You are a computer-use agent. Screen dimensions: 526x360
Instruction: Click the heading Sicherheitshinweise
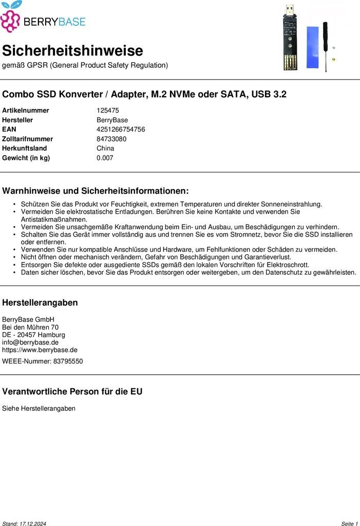[x=72, y=51]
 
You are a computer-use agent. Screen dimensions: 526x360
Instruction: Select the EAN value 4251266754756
[x=121, y=129]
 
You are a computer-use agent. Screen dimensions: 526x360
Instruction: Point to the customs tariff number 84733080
[x=111, y=139]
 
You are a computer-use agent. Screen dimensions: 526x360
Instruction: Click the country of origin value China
[x=105, y=148]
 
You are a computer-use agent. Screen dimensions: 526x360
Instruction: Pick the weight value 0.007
[x=105, y=158]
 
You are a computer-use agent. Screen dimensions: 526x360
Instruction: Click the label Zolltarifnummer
[x=27, y=139]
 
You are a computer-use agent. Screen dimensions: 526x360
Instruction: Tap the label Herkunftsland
[x=24, y=148]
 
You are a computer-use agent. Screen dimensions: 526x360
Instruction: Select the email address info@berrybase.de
[x=30, y=342]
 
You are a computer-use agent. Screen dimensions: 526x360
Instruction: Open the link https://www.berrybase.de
[x=40, y=350]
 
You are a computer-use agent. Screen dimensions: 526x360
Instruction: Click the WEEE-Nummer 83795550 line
[x=42, y=361]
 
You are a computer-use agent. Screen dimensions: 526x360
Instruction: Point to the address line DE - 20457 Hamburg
[x=33, y=334]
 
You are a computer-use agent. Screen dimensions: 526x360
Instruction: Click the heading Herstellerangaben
[x=40, y=303]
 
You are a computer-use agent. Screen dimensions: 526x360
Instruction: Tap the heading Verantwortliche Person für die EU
[x=72, y=391]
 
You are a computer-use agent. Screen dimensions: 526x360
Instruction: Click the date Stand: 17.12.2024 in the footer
[x=24, y=523]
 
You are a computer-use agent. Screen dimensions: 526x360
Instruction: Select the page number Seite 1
[x=349, y=523]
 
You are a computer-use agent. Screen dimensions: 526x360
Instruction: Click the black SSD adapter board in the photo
[x=290, y=41]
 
